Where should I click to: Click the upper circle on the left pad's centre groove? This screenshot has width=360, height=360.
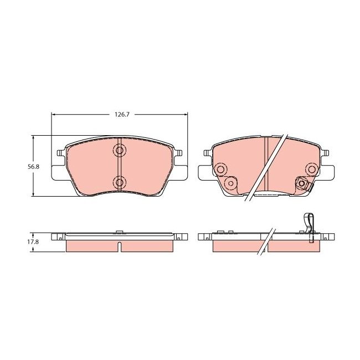(x=119, y=151)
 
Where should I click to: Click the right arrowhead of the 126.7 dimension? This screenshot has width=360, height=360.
(x=184, y=115)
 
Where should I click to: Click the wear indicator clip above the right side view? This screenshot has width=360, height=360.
(x=308, y=224)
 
